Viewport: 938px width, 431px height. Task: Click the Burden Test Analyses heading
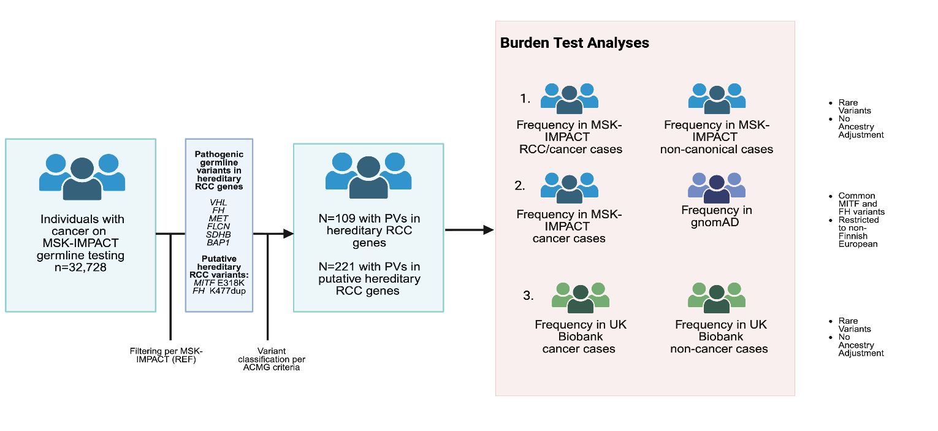(x=574, y=43)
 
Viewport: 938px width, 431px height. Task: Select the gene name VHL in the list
(x=218, y=202)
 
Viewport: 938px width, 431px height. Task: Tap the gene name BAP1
(x=218, y=243)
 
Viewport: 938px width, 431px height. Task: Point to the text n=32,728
(x=80, y=267)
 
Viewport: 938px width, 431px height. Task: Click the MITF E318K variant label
(x=219, y=283)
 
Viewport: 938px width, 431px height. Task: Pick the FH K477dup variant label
(x=219, y=291)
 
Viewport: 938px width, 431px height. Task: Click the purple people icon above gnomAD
(x=717, y=188)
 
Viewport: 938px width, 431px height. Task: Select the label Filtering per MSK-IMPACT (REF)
(x=166, y=355)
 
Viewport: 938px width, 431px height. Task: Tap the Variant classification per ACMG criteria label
(x=272, y=359)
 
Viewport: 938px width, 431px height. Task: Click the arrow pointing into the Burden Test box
(x=470, y=230)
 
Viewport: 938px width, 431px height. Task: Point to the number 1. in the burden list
(x=525, y=99)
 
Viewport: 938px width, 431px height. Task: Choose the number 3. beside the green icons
(x=528, y=296)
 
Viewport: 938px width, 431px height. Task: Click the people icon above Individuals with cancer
(x=82, y=177)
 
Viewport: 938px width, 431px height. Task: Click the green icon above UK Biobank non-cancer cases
(x=717, y=298)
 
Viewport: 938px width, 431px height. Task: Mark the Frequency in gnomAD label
(x=717, y=216)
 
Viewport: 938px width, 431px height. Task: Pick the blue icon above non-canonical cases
(x=717, y=99)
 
